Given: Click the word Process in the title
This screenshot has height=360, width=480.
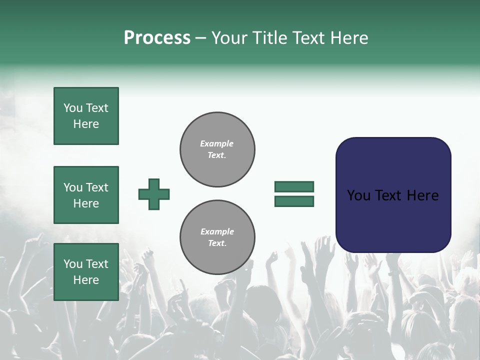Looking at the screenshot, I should tap(157, 38).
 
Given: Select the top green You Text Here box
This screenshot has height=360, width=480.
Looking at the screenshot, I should tap(86, 116).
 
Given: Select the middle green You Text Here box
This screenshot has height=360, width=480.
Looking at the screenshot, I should tap(86, 195).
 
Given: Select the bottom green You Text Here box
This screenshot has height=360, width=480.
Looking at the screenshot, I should tap(86, 272).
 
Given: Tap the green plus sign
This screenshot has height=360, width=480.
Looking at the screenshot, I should tap(154, 194).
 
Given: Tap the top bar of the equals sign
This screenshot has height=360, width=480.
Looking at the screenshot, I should tap(294, 186).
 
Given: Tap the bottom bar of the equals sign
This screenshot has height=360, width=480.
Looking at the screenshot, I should tap(294, 201).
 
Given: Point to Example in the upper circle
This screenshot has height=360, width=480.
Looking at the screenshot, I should tap(217, 143).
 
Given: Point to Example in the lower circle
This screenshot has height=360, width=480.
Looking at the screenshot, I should tap(217, 231).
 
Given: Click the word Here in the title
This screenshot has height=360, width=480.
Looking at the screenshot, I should tap(348, 38).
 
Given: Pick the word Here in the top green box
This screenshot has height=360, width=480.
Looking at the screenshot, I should tap(86, 124).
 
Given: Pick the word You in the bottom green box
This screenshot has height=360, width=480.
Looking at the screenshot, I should tap(72, 264).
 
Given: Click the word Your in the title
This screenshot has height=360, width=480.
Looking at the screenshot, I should tap(230, 38).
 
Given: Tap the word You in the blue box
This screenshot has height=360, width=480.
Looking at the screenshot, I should tap(358, 195).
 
